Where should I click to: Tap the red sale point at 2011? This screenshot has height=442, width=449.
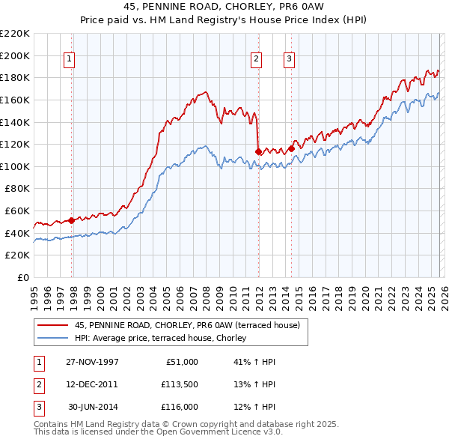258,151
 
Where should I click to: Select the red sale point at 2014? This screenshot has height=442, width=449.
291,148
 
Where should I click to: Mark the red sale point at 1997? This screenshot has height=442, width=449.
72,220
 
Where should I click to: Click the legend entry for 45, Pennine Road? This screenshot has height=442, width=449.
187,325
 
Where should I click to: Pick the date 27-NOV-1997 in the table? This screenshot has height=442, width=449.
92,362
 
